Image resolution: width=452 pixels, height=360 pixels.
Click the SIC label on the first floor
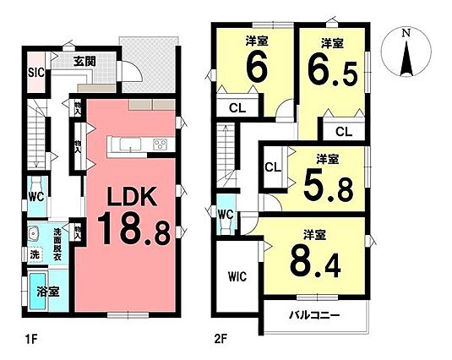click(x=36, y=73)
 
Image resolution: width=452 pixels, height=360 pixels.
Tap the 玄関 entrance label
click(x=84, y=62)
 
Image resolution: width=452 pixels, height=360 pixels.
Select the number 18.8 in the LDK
click(x=133, y=228)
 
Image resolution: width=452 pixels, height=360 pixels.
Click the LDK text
click(x=132, y=196)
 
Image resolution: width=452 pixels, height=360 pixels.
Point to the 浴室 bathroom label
click(x=48, y=292)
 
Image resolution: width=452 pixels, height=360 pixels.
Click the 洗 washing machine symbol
click(x=35, y=255)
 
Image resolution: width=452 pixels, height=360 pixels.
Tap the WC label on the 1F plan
click(x=36, y=197)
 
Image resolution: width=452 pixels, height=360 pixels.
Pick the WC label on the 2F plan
click(x=226, y=215)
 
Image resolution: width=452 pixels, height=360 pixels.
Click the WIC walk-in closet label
click(x=237, y=277)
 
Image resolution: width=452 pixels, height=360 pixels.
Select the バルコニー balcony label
click(x=315, y=315)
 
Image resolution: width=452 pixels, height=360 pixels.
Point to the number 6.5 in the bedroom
click(x=333, y=72)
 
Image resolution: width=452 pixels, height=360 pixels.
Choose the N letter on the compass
click(x=406, y=33)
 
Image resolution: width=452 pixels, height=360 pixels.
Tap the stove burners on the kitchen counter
click(x=161, y=145)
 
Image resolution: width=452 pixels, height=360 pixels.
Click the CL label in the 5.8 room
click(x=273, y=167)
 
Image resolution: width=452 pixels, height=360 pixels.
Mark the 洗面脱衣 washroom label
click(x=57, y=245)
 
